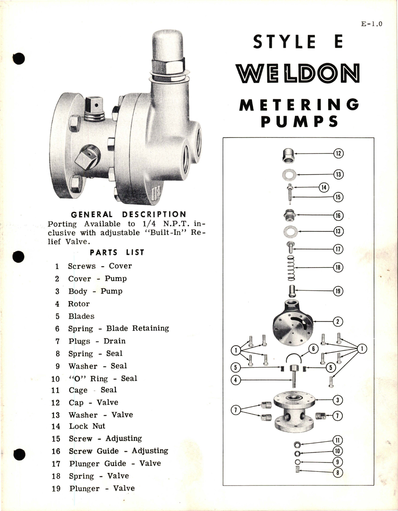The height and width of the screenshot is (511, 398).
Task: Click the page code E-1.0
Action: tap(372, 24)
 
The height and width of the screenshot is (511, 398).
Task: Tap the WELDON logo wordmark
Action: tap(298, 73)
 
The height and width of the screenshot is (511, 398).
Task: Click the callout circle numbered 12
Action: tap(338, 153)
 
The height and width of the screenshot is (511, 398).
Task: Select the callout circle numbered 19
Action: tap(338, 291)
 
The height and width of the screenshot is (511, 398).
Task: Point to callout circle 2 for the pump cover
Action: tap(338, 322)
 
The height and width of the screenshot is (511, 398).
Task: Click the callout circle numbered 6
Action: tap(313, 349)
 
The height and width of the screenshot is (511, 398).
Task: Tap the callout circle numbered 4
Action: tap(235, 380)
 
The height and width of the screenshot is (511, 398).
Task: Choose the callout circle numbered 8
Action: tap(337, 473)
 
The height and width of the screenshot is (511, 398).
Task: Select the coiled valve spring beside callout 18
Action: tap(291, 267)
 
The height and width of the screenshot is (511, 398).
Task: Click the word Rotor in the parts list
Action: tap(79, 304)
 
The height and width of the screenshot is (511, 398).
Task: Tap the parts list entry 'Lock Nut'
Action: tap(87, 426)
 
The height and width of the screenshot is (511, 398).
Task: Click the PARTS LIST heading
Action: tap(117, 252)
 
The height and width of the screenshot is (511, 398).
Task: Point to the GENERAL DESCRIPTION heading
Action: tap(128, 214)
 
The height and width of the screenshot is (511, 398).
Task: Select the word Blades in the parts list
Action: tap(81, 316)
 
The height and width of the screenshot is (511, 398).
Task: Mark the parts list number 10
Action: tap(55, 379)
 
